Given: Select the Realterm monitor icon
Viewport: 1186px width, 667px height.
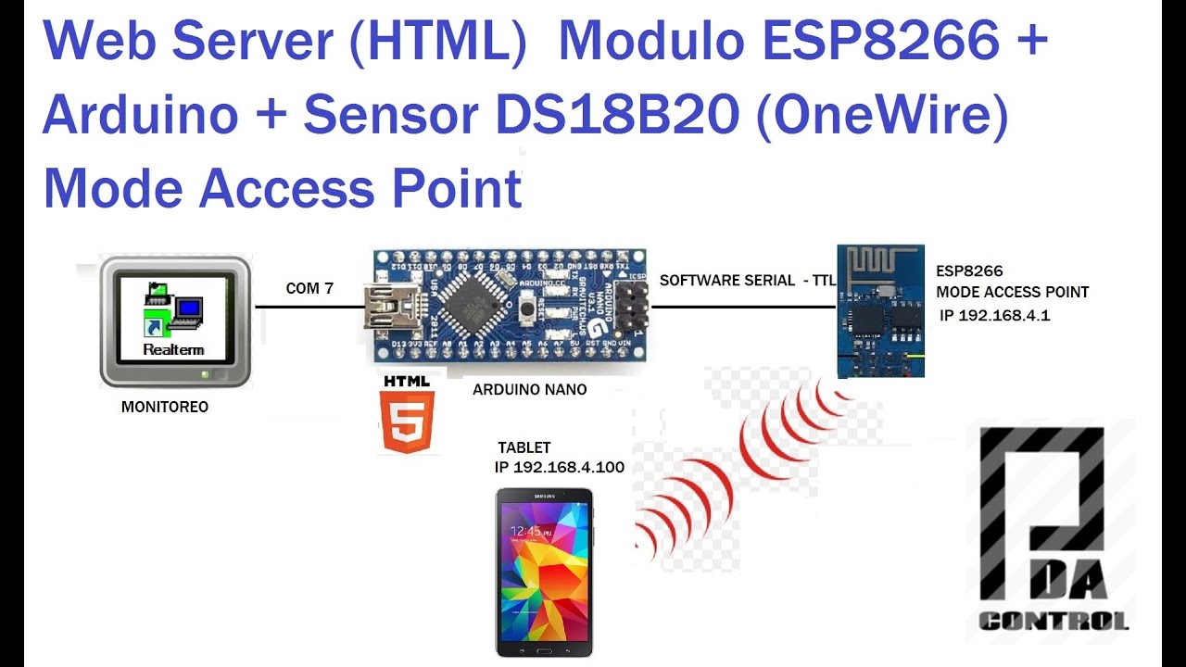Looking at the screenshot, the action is (x=175, y=321).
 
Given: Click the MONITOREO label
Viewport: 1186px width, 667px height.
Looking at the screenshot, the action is (x=165, y=407).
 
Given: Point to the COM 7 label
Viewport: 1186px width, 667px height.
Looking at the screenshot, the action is (x=309, y=289).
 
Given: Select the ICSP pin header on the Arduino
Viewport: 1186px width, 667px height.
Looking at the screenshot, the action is (x=633, y=308).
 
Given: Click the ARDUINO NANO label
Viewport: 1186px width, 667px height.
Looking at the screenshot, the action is (x=529, y=390).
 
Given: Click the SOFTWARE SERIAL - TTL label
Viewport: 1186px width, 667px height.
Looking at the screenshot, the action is (x=747, y=280).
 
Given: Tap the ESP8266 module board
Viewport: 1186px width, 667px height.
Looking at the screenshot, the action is (x=880, y=310).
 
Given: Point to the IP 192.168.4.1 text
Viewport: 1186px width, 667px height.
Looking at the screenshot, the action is (x=994, y=316).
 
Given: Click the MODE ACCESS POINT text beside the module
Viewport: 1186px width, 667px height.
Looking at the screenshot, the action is (x=1012, y=292).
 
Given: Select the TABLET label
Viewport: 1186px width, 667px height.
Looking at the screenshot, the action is (x=524, y=448).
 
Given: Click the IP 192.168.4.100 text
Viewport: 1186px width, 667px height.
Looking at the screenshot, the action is (x=559, y=467).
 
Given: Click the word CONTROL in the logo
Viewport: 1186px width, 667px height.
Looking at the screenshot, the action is (x=1054, y=621).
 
